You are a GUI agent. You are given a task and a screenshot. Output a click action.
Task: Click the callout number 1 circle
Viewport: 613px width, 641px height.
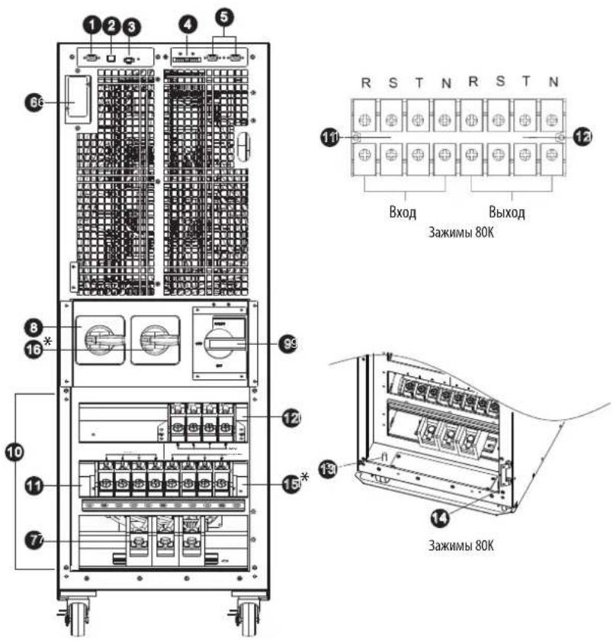pyautogui.click(x=92, y=25)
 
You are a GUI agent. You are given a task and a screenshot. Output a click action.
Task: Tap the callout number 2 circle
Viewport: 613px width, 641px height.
pyautogui.click(x=111, y=25)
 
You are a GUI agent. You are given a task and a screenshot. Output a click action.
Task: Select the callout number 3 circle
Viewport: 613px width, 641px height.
pyautogui.click(x=131, y=27)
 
